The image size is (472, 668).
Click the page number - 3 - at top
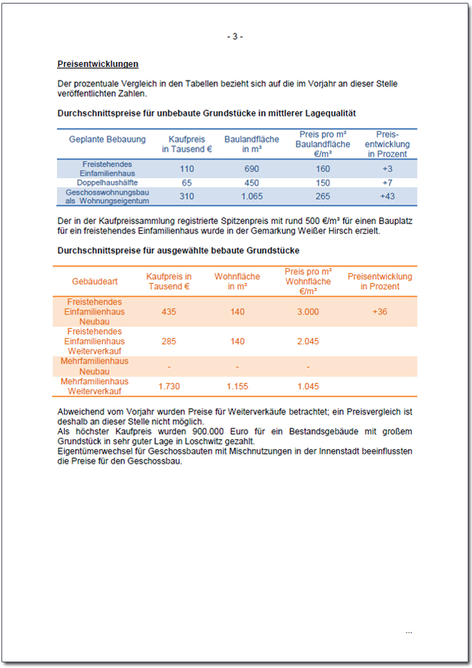(235, 36)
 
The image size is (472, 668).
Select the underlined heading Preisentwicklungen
(98, 64)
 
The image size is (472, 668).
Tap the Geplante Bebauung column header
(107, 139)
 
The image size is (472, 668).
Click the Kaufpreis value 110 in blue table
(187, 169)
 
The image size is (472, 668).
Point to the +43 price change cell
(387, 196)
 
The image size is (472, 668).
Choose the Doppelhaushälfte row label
(107, 183)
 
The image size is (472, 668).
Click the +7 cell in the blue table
(387, 183)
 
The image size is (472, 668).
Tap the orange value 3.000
(308, 312)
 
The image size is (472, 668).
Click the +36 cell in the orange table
(380, 312)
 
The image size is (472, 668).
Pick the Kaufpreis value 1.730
(169, 387)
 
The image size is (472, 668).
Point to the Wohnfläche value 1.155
(237, 387)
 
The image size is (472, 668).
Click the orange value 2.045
(308, 342)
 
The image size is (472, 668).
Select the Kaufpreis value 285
(169, 342)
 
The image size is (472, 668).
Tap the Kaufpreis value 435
(169, 312)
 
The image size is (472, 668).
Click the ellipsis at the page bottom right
(408, 632)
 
